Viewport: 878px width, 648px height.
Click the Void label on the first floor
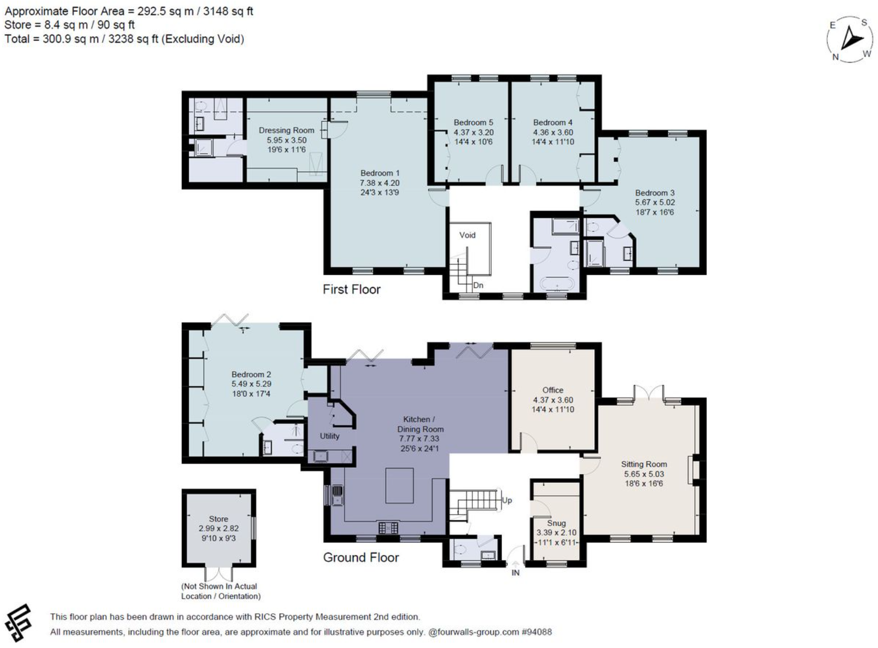pyautogui.click(x=467, y=235)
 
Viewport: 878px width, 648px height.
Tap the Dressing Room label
pyautogui.click(x=286, y=130)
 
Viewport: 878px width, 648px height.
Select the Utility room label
pyautogui.click(x=329, y=436)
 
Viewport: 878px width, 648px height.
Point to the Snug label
pyautogui.click(x=556, y=523)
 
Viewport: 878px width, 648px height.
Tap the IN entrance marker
pyautogui.click(x=515, y=572)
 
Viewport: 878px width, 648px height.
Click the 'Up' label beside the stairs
pyautogui.click(x=507, y=500)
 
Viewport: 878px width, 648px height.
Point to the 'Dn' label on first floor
pyautogui.click(x=478, y=285)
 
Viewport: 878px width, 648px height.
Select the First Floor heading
pyautogui.click(x=352, y=289)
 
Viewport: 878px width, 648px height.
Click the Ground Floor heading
pyautogui.click(x=361, y=557)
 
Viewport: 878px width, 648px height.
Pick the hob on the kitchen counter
pyautogui.click(x=388, y=528)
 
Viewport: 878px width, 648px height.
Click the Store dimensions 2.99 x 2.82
pyautogui.click(x=219, y=528)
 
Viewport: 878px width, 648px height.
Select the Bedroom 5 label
pyautogui.click(x=473, y=122)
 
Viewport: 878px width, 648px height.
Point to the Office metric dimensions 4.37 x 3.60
pyautogui.click(x=553, y=399)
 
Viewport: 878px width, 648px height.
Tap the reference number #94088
pyautogui.click(x=536, y=632)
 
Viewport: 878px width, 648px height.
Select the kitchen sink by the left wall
pyautogui.click(x=338, y=496)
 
